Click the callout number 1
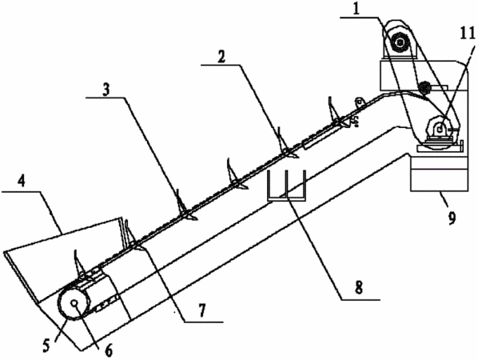point(357,9)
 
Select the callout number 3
point(106,90)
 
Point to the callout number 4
point(21,182)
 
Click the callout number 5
point(46,345)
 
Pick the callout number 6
point(108,350)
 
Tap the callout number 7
point(201,310)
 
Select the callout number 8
point(359,287)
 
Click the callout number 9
point(452,218)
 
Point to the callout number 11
point(468,33)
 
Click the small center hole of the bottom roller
point(74,303)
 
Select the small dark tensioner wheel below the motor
point(424,88)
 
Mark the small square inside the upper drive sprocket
point(440,130)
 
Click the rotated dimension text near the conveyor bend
point(355,121)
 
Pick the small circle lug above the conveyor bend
point(360,100)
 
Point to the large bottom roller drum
point(74,303)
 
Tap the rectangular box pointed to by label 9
point(439,174)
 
